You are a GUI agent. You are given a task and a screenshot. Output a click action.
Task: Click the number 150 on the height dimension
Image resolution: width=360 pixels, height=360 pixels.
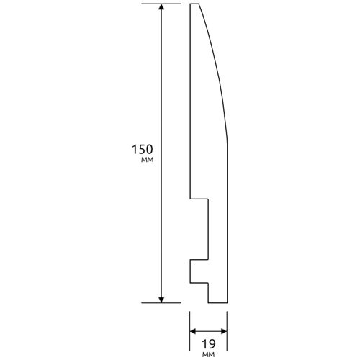click(x=143, y=150)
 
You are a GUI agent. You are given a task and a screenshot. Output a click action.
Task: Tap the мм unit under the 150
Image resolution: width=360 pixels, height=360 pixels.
click(x=147, y=160)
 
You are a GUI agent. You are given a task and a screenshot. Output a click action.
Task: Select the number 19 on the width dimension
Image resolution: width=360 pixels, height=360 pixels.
click(x=208, y=344)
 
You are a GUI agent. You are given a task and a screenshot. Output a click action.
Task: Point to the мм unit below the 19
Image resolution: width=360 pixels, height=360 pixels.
click(x=208, y=354)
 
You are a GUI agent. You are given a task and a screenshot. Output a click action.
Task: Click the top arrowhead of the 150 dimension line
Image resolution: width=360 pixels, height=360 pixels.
click(x=161, y=7)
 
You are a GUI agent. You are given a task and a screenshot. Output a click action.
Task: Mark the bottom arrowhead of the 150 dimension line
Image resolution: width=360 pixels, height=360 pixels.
click(x=161, y=300)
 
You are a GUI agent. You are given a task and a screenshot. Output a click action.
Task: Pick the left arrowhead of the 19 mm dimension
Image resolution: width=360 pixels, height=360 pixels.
click(x=193, y=332)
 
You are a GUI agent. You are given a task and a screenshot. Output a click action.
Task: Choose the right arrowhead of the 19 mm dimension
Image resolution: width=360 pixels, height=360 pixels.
click(x=224, y=332)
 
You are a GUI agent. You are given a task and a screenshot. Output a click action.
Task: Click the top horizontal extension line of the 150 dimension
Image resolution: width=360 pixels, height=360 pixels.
click(x=161, y=4)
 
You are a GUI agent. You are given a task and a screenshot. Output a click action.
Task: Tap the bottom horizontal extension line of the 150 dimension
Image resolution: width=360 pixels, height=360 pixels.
click(x=161, y=303)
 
